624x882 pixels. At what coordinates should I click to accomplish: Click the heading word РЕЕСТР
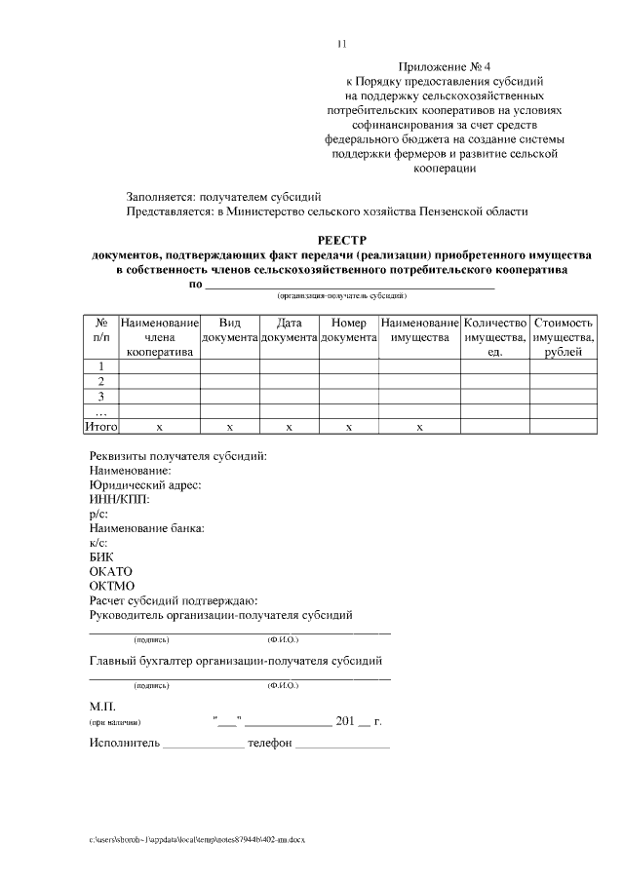pos(341,239)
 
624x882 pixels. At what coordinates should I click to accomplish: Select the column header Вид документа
pos(229,329)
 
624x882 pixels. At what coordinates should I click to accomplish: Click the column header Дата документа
pos(290,329)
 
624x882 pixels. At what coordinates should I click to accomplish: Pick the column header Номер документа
pos(348,329)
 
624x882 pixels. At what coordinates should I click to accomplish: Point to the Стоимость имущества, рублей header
pos(564,336)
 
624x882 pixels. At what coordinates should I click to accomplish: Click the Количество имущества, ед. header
pos(495,336)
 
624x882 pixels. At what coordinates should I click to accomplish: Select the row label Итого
pos(101,427)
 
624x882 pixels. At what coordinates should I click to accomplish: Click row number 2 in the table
pos(101,381)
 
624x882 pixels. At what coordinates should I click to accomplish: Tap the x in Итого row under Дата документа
pos(290,427)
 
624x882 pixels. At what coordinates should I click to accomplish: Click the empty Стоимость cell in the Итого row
pos(564,427)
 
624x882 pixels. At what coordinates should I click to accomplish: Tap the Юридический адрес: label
pos(145,484)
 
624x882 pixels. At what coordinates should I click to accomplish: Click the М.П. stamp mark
pos(102,706)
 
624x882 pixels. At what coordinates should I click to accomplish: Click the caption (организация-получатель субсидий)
pos(341,294)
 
